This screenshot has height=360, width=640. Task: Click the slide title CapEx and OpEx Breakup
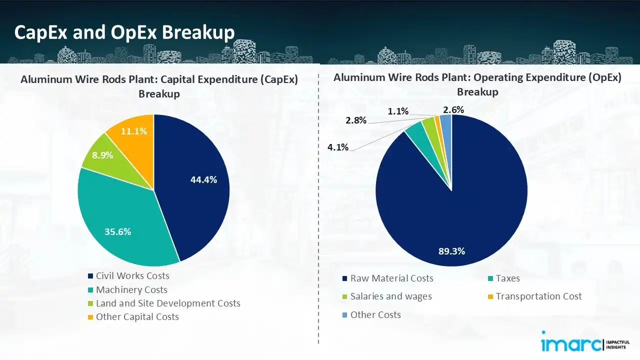(x=124, y=32)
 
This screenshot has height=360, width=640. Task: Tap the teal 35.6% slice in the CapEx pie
(x=120, y=220)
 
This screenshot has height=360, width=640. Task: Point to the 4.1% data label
(x=338, y=147)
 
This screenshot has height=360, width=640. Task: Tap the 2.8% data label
(x=355, y=120)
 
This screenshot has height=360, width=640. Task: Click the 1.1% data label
(x=398, y=111)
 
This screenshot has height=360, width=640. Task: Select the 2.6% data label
(x=453, y=109)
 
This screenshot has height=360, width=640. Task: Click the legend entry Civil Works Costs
(x=132, y=276)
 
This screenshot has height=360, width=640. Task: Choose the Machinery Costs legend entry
(x=131, y=289)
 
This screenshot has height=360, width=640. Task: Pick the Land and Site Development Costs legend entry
(x=168, y=303)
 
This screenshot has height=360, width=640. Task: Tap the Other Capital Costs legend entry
(x=137, y=316)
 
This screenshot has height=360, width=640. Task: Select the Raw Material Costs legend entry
(x=391, y=278)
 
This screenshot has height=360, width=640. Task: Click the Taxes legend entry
(x=507, y=278)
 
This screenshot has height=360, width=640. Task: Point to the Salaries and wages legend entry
(x=391, y=296)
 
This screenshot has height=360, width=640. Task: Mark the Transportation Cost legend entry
(x=538, y=296)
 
